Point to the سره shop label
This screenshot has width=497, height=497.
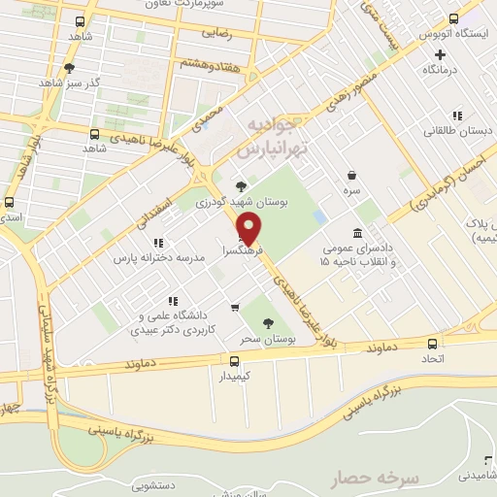351,191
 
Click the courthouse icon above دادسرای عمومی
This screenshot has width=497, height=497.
359,234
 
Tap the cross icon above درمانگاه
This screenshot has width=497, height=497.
440,54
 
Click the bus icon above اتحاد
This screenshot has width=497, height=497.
433,343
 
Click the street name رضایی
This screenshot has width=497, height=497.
215,32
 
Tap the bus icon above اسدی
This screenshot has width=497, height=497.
9,203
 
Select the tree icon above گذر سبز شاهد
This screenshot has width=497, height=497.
68,67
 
